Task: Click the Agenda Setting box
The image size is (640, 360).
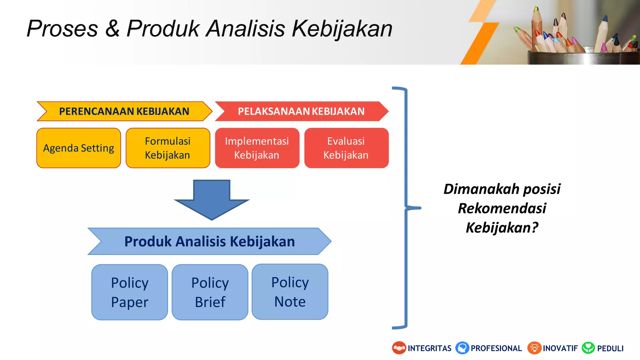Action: point(79,148)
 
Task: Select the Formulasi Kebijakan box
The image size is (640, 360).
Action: point(168,148)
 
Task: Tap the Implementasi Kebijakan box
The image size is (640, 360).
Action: point(257,148)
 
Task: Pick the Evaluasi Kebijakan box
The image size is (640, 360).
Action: point(346,148)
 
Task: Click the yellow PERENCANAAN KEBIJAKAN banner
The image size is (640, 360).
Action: point(124,111)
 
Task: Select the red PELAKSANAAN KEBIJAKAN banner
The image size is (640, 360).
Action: point(301,111)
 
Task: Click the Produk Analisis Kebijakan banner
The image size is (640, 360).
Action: point(209,241)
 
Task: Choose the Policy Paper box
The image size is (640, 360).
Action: point(130,292)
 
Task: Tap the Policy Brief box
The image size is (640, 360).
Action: point(210,292)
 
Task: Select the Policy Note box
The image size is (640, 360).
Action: point(290,292)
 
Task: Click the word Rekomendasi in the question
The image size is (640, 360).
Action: point(502,208)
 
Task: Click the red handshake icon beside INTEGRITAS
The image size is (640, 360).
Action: point(399,348)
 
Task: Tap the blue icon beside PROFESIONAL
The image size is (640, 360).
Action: point(462,348)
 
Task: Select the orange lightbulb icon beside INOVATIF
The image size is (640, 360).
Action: point(534,348)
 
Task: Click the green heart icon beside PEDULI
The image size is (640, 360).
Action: point(588,348)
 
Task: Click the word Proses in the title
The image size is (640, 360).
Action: point(62,29)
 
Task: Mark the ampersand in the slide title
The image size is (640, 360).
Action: point(112,29)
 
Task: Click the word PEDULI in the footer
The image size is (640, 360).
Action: point(610,348)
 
